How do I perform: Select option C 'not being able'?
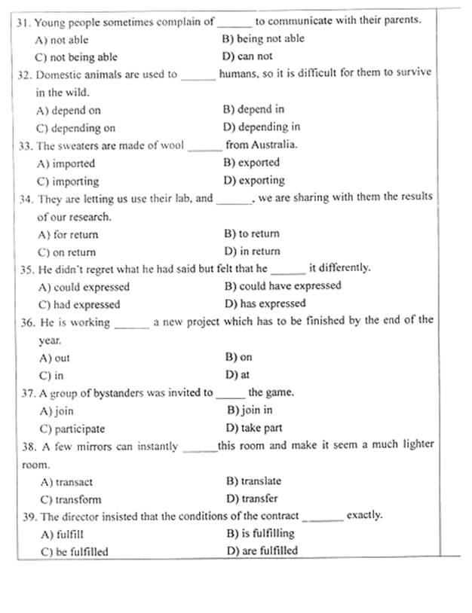coord(76,56)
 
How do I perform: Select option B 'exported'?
coord(252,162)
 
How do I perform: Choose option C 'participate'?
coord(73,428)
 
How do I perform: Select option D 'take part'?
coord(254,428)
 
